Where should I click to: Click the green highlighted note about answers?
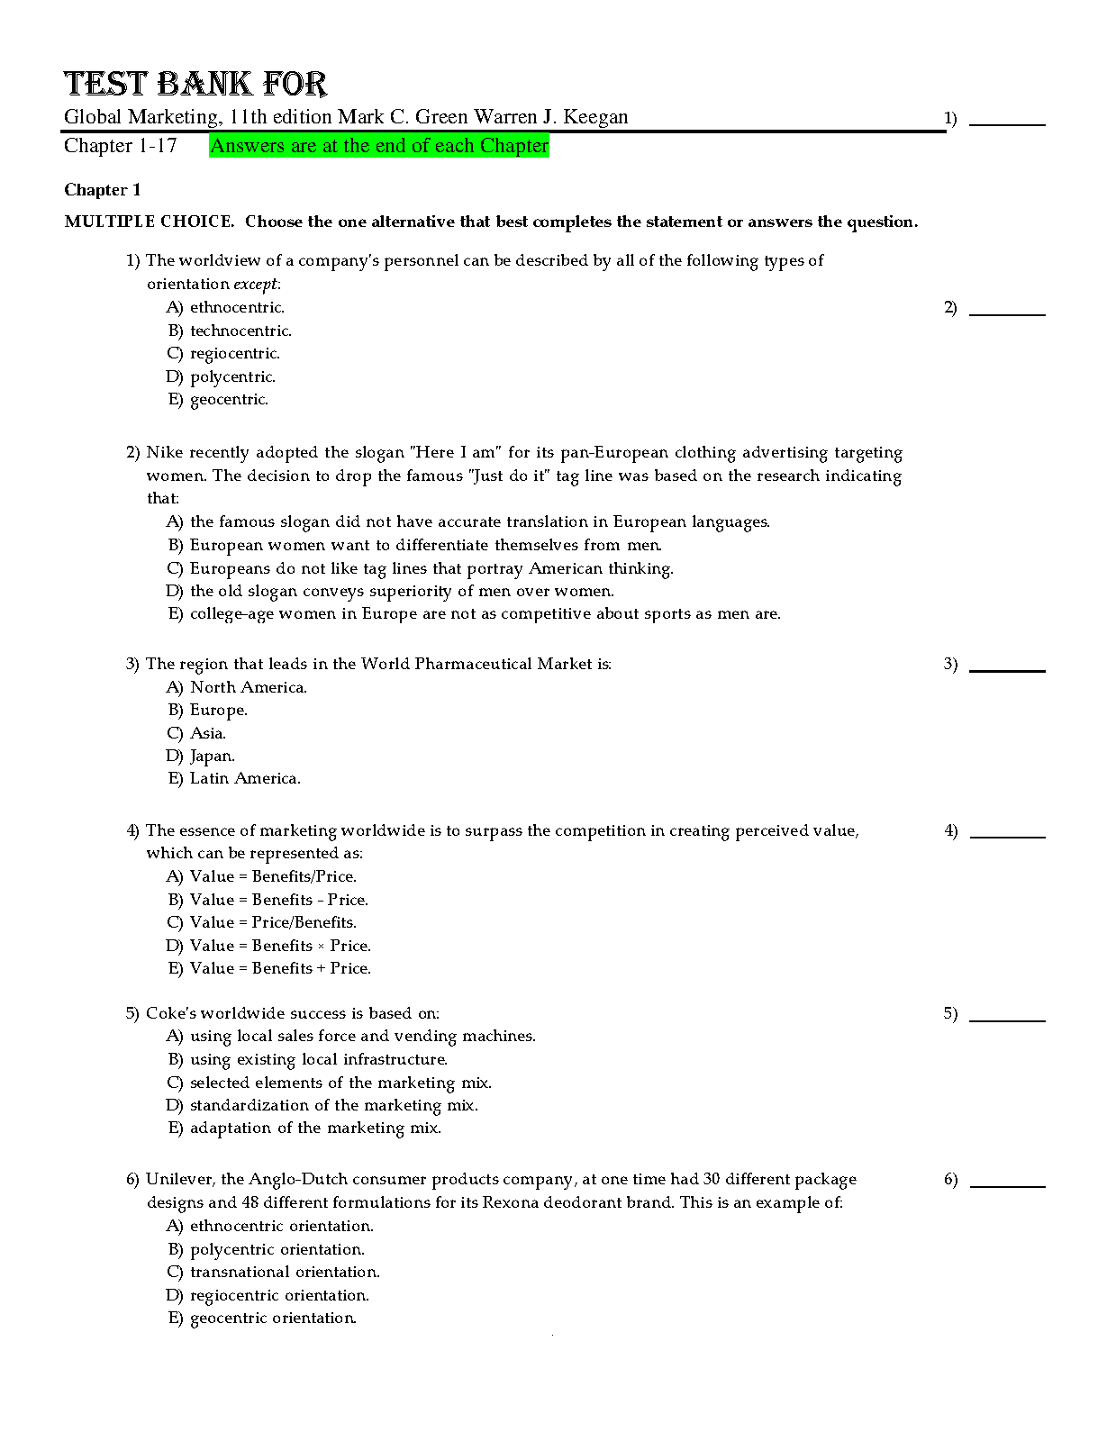tap(378, 146)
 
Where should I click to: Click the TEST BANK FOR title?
tap(195, 84)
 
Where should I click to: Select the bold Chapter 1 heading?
tap(102, 190)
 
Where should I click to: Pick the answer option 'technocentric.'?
tap(240, 331)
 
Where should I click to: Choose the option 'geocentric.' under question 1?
tap(229, 399)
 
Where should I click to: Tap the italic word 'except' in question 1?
tap(256, 284)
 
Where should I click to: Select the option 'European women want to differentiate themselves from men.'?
tap(425, 545)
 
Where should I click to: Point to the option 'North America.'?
tap(248, 687)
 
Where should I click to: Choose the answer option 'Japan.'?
tap(212, 756)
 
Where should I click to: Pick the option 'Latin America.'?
tap(245, 778)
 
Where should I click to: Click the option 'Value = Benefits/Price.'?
tap(273, 876)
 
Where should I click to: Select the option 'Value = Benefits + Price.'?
tap(280, 968)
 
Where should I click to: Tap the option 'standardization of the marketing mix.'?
tap(333, 1105)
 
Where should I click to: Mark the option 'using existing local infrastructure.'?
tap(318, 1059)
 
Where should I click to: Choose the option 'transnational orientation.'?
tap(285, 1272)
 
